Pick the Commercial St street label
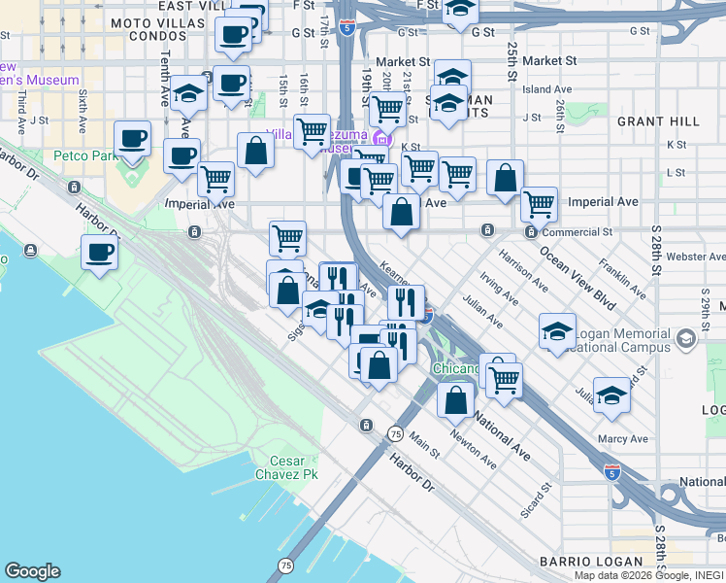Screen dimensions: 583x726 coord(577,232)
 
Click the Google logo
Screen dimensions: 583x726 coord(32,571)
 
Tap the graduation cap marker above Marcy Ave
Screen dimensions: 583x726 coord(611,395)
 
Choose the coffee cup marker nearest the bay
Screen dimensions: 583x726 coord(99,254)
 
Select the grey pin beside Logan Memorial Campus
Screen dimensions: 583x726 coord(687,338)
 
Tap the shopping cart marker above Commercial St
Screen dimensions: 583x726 coord(539,205)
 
